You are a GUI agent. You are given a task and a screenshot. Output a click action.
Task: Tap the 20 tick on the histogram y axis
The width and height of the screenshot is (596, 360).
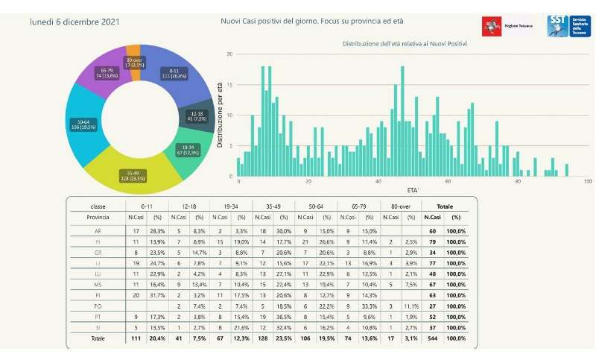pyautogui.click(x=230, y=54)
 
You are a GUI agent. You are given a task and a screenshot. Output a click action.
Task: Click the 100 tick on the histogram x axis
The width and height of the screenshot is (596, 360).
pyautogui.click(x=588, y=182)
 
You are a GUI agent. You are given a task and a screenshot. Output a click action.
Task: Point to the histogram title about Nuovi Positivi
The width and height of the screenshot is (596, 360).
pyautogui.click(x=405, y=44)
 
